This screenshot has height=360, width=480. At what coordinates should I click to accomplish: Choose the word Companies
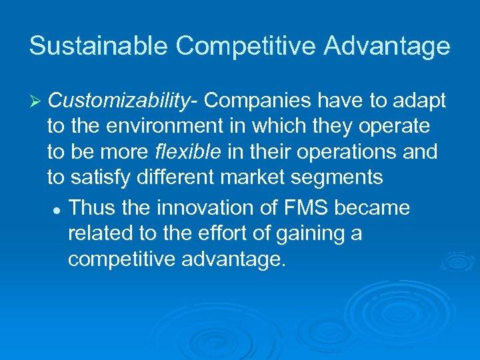(257, 101)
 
